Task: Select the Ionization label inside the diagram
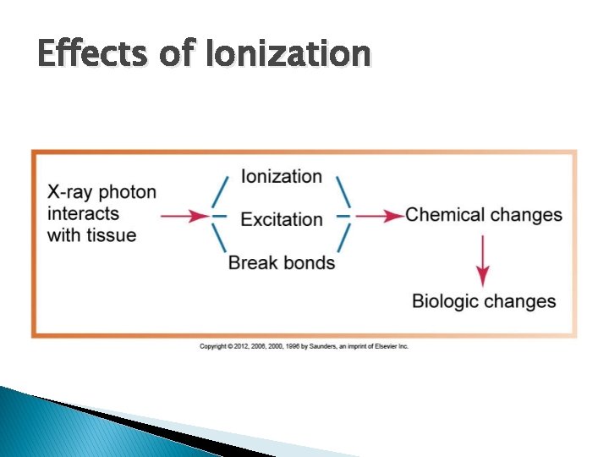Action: tap(282, 176)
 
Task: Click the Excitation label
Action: tap(282, 219)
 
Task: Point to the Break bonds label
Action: tap(282, 262)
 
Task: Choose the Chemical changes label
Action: tap(484, 214)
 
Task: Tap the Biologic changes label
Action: tap(484, 300)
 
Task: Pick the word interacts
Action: tap(83, 213)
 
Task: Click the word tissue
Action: tap(114, 234)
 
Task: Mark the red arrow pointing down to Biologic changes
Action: tap(483, 259)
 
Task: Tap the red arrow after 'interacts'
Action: tap(184, 216)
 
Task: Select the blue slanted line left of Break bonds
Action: tap(219, 241)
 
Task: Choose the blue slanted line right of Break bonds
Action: tap(343, 241)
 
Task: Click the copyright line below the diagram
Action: tap(304, 346)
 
